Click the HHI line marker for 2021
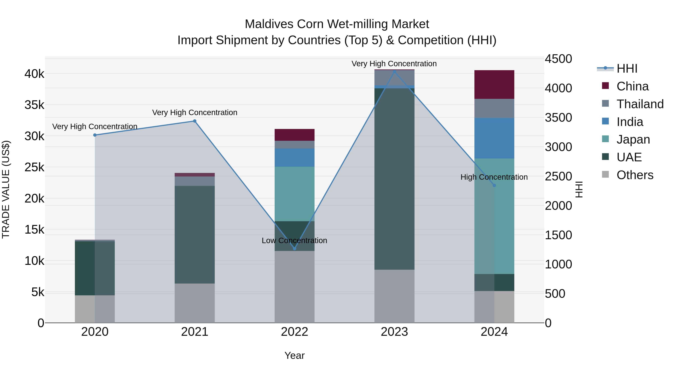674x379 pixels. click(x=195, y=121)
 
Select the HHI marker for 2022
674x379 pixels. click(x=295, y=249)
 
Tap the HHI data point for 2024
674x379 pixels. click(x=494, y=185)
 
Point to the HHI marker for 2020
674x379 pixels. click(x=95, y=135)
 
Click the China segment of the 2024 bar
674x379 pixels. click(x=494, y=84)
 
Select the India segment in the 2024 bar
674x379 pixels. click(x=494, y=138)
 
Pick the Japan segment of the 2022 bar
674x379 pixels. click(x=295, y=194)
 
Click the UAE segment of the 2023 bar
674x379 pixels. click(x=394, y=179)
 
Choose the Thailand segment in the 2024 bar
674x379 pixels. click(x=494, y=108)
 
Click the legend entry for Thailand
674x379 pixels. click(x=640, y=104)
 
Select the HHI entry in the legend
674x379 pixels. click(x=627, y=69)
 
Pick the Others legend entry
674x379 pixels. click(x=634, y=175)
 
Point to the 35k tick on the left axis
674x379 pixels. click(x=34, y=105)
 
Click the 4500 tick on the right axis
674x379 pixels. click(x=558, y=59)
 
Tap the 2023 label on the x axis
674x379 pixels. click(x=394, y=332)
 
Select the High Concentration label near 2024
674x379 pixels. click(x=494, y=177)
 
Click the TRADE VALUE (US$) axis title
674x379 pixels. click(x=6, y=189)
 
